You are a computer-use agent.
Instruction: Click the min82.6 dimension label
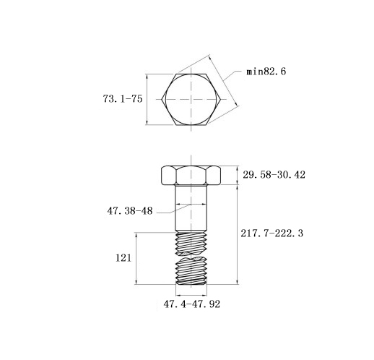(266, 72)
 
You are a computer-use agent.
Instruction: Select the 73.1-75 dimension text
(123, 99)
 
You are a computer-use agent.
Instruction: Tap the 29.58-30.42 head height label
(274, 175)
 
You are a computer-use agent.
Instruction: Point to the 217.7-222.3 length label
(272, 233)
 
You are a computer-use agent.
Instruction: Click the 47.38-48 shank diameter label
(130, 211)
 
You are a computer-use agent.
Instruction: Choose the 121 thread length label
(123, 258)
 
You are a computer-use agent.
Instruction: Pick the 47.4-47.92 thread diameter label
(192, 304)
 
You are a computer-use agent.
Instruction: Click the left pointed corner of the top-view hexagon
(162, 99)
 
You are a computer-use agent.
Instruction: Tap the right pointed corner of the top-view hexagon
(220, 99)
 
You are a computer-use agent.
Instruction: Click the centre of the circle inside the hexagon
(191, 99)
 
